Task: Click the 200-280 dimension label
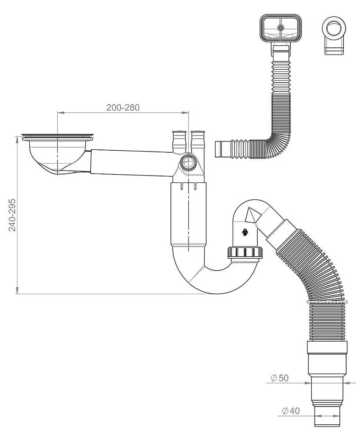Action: coord(123,107)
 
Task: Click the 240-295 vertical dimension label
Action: coord(12,215)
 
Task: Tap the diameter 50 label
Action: coord(280,378)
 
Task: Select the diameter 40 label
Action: coord(291,410)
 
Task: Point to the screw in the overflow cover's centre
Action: coord(281,27)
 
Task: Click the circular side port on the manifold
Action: coord(188,163)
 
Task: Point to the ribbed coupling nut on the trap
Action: coord(245,252)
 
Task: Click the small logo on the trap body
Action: coord(245,232)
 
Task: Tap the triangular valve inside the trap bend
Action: coord(253,215)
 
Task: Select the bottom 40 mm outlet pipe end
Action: coord(327,416)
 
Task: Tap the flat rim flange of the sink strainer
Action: coord(58,136)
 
